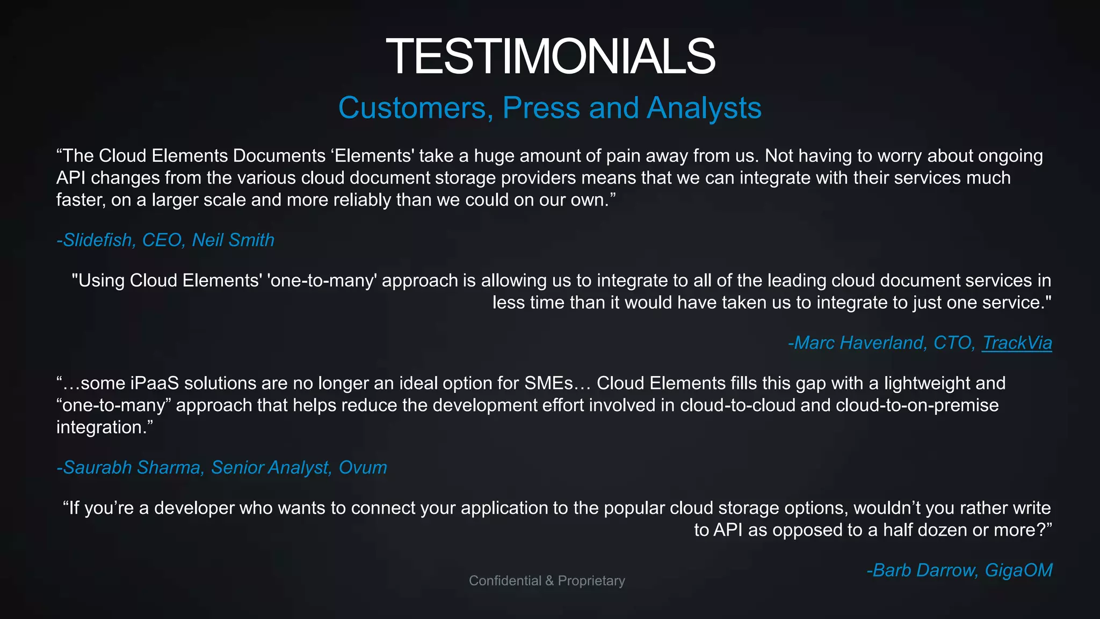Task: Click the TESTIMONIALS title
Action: pos(550,56)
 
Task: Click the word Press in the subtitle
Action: pos(541,108)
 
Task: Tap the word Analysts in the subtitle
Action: pos(704,108)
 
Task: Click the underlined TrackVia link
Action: pos(1017,343)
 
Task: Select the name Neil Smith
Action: pos(233,240)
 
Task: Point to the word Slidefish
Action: pos(98,240)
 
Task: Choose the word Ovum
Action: pos(363,467)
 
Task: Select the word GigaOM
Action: pos(1018,570)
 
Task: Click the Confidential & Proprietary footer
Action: pos(547,581)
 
